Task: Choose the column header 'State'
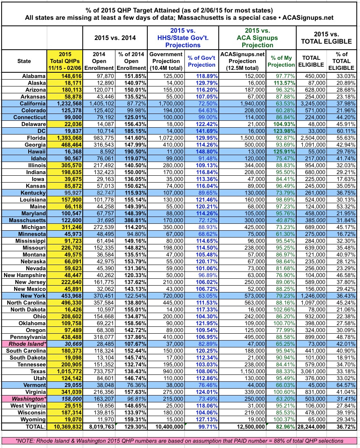pos(24,61)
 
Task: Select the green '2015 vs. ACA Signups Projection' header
pos(256,38)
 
